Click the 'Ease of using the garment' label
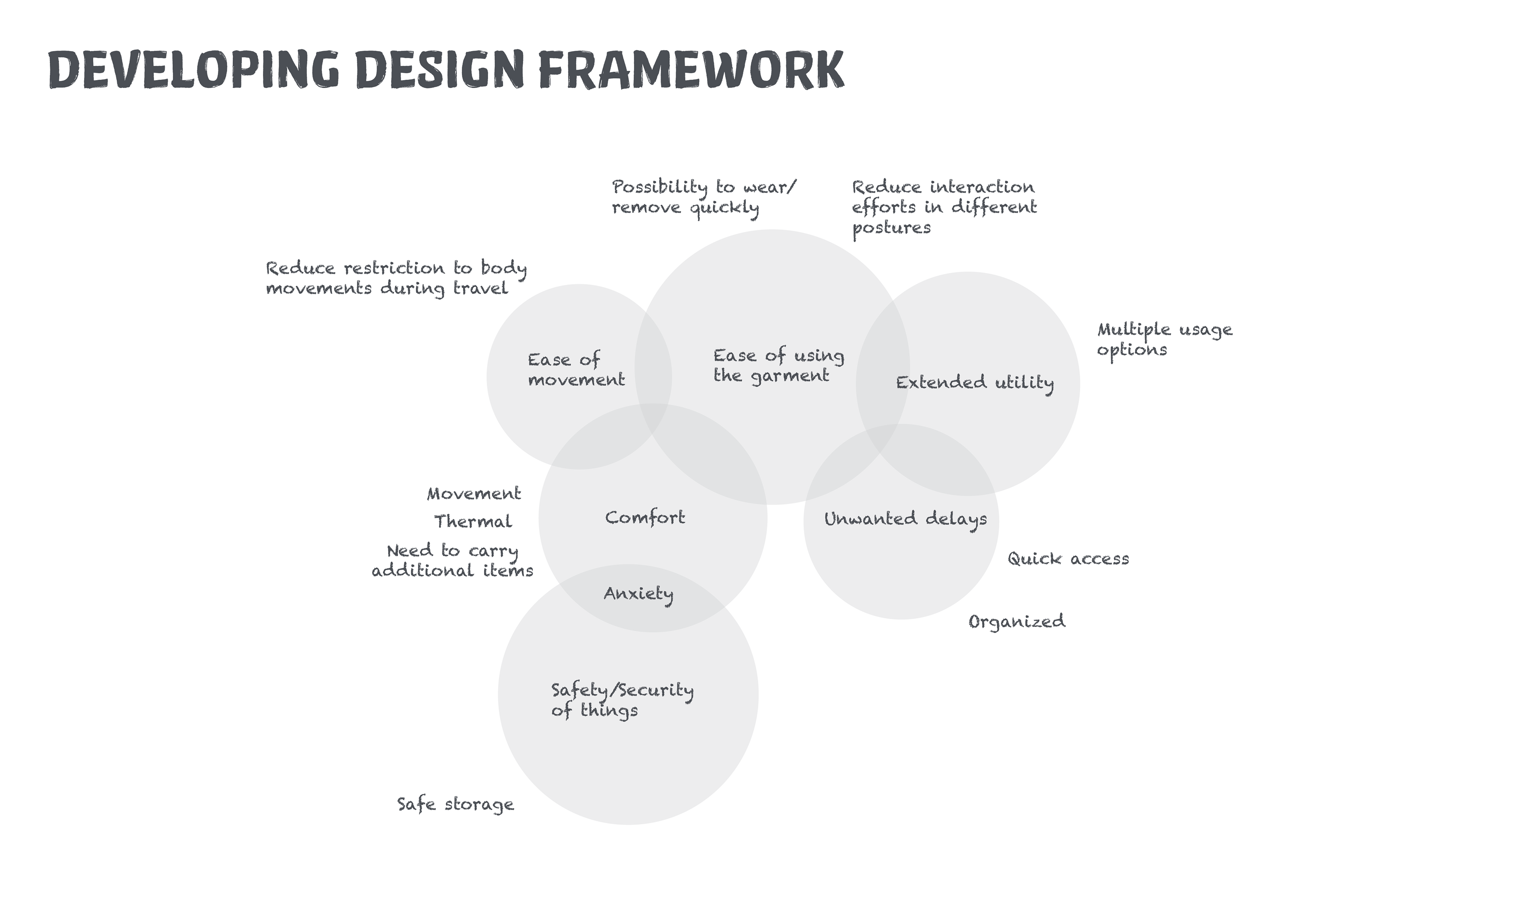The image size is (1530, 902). [778, 365]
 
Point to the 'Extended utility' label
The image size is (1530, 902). [975, 383]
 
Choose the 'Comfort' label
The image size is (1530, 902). [645, 518]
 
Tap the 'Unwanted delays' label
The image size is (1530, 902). [905, 519]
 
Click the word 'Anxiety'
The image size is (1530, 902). [638, 594]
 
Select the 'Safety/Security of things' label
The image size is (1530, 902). [622, 700]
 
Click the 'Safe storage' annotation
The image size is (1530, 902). [455, 805]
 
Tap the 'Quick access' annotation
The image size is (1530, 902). [1068, 559]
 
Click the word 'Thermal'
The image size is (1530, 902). [473, 522]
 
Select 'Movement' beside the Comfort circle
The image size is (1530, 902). [473, 494]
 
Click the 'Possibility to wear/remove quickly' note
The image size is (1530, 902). [703, 197]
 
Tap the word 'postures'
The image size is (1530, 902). [891, 229]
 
